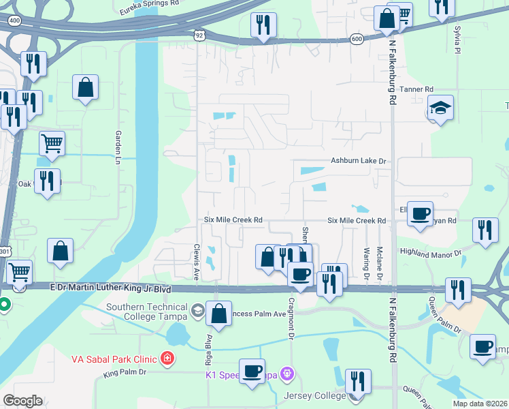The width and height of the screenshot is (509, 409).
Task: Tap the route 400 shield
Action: (14, 21)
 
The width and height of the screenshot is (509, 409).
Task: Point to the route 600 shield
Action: (357, 40)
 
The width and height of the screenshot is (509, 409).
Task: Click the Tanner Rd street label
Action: (416, 89)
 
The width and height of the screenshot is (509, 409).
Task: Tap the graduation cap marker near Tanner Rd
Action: (440, 108)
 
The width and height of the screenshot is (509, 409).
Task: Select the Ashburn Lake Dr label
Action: (358, 161)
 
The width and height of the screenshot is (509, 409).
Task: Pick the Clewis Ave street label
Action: (196, 262)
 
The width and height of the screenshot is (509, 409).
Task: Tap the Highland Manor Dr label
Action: (430, 252)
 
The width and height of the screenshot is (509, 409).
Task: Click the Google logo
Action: (22, 401)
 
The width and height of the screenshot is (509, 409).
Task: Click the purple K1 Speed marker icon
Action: (289, 374)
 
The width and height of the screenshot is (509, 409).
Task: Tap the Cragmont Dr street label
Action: (291, 318)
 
